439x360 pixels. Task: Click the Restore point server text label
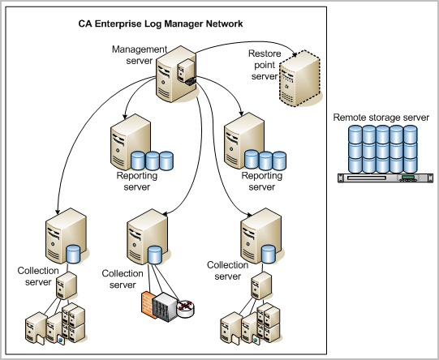265,65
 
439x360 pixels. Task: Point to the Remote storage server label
381,118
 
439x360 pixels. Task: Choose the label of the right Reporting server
261,181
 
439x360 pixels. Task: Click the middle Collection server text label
123,279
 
